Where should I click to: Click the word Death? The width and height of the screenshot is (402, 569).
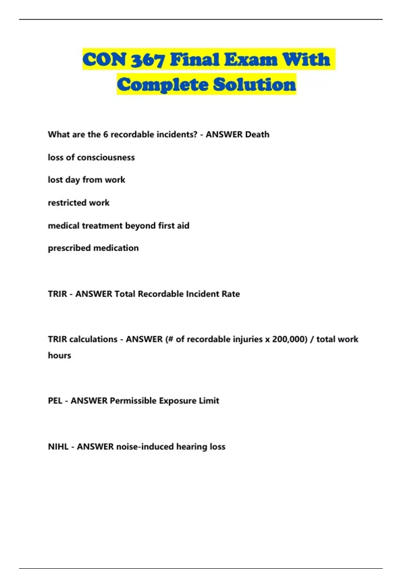(257, 135)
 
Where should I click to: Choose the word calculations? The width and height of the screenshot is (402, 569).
(93, 339)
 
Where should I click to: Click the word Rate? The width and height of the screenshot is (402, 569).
(231, 294)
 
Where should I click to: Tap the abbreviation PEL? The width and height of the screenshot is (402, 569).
(55, 401)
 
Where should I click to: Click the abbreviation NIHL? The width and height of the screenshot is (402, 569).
(58, 447)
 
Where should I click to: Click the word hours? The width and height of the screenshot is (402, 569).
(59, 355)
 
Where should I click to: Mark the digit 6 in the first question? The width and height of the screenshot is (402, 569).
(106, 135)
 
